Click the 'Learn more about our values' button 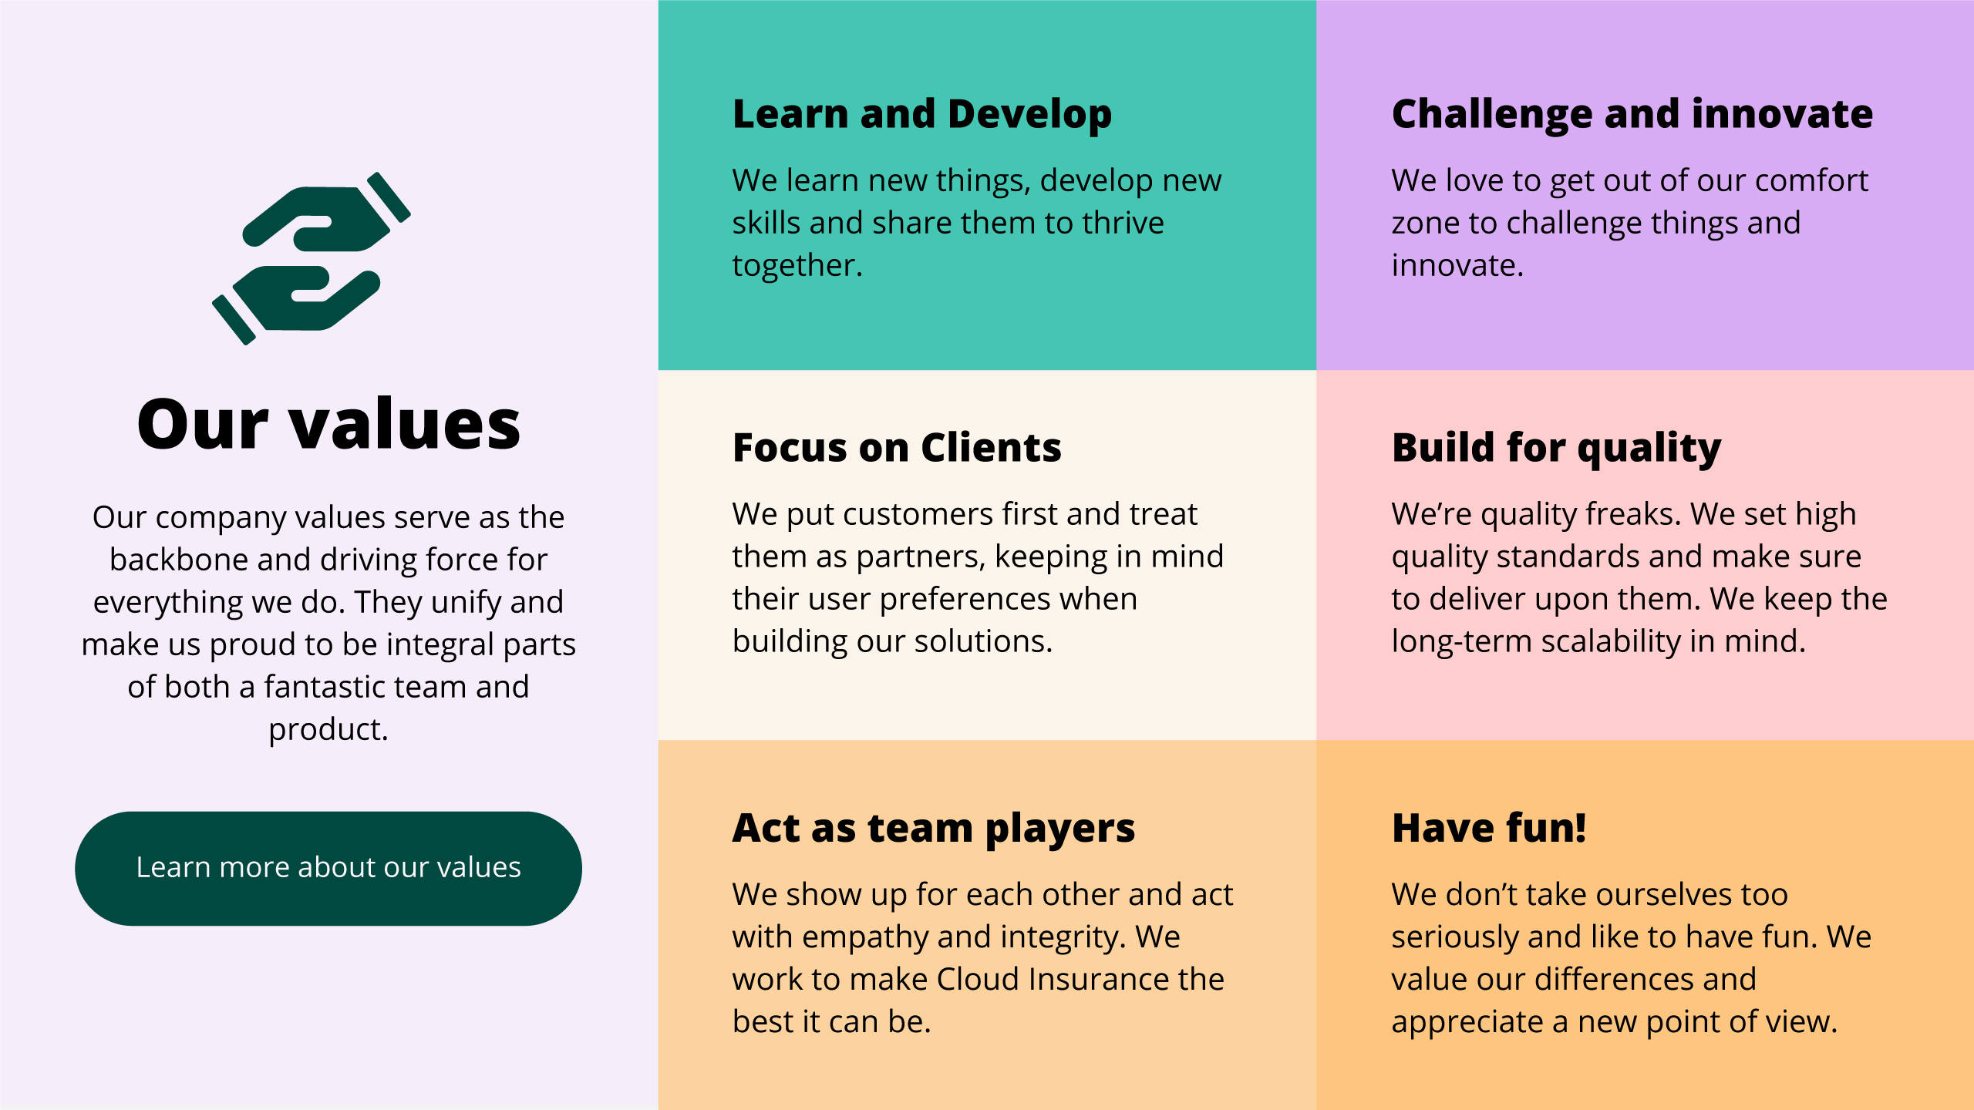[328, 868]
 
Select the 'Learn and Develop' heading [922, 115]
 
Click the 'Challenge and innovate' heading [1632, 114]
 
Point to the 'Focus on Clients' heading [897, 448]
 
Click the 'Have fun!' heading [1489, 829]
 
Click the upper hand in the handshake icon [327, 214]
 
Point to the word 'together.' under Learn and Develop [797, 266]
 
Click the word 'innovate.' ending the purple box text [1457, 266]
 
